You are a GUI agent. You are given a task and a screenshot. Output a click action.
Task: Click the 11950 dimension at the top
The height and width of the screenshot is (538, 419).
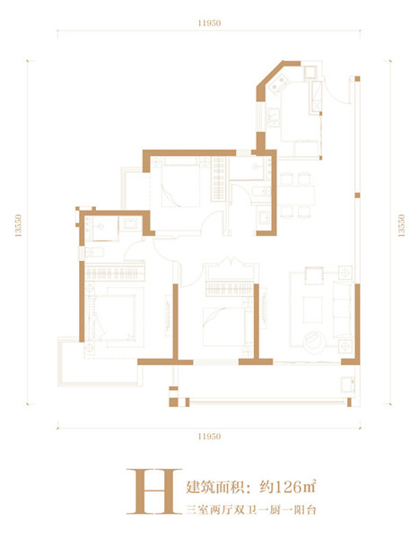[209, 23]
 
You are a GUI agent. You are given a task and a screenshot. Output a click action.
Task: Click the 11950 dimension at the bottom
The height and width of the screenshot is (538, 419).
[209, 437]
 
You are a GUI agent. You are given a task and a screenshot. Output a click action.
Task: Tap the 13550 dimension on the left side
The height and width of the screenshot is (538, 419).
[18, 225]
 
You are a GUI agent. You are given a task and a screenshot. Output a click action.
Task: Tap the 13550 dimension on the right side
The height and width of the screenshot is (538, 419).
[401, 225]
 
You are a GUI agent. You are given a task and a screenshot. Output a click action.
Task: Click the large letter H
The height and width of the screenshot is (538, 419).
[154, 491]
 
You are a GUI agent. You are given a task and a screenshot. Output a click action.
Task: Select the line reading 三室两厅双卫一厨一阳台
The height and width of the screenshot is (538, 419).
[251, 510]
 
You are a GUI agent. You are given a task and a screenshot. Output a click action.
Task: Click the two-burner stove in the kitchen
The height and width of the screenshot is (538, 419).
[278, 84]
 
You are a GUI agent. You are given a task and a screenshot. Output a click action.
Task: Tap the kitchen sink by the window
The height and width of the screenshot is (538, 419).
[274, 117]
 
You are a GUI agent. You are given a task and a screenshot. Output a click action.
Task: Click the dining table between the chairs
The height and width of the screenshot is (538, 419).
[296, 195]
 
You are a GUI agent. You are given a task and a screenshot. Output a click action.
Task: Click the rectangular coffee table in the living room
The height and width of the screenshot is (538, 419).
[312, 309]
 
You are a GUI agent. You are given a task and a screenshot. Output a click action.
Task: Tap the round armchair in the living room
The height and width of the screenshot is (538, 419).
[314, 342]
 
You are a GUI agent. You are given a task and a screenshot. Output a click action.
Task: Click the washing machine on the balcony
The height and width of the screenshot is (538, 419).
[347, 385]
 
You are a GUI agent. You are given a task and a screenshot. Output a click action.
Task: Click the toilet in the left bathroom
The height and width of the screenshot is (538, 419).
[92, 253]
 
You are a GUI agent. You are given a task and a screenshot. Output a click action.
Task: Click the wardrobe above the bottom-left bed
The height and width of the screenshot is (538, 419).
[115, 273]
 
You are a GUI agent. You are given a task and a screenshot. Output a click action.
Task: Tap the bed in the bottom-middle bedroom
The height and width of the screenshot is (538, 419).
[223, 326]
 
